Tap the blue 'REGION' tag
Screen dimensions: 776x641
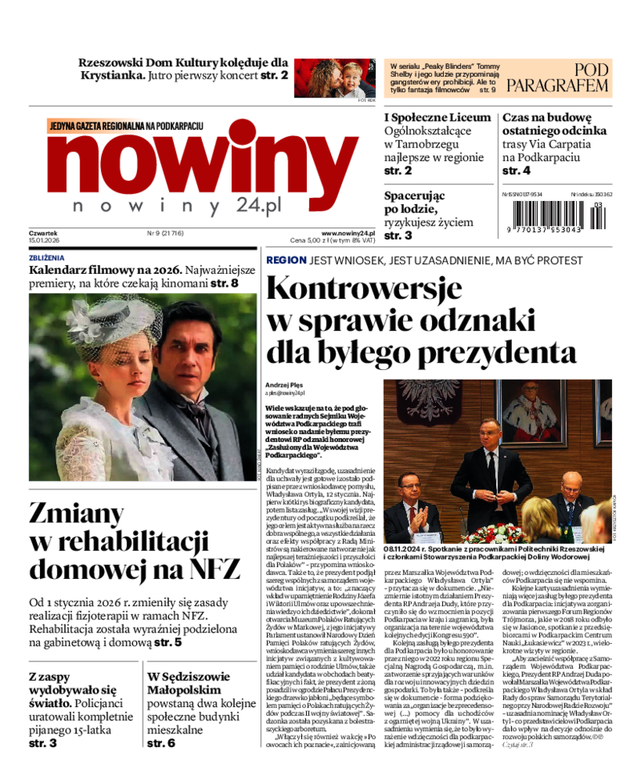pos(286,259)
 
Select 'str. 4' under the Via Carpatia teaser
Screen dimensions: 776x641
pos(516,171)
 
